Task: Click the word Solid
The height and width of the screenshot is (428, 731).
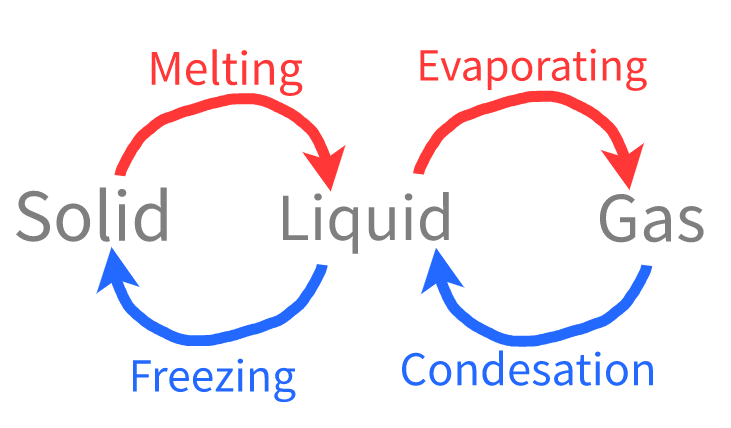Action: [92, 218]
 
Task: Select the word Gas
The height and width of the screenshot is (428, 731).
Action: [652, 221]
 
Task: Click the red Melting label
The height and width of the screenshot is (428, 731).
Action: [226, 70]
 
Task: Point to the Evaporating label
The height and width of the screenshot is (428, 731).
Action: [532, 67]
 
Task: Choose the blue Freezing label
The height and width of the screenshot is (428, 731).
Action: [213, 378]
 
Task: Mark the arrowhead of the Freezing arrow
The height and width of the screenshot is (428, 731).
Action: [113, 270]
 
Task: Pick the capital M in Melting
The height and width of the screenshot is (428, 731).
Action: [167, 69]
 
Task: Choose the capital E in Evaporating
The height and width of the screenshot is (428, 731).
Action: [430, 66]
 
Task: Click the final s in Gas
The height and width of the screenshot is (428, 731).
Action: [689, 225]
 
